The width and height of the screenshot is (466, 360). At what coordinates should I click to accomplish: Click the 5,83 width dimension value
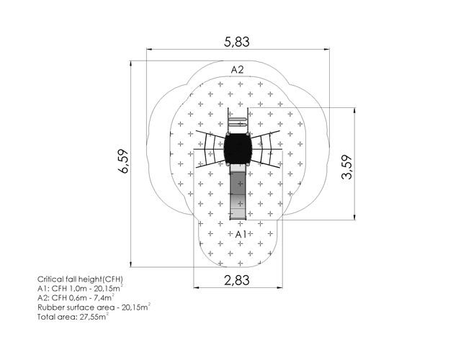(236, 42)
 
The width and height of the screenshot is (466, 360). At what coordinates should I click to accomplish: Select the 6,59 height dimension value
(123, 161)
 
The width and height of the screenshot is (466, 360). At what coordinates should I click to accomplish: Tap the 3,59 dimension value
(346, 167)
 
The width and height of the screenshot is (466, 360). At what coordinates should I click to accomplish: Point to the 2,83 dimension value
(236, 280)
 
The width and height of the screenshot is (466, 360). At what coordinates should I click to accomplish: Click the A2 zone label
(237, 70)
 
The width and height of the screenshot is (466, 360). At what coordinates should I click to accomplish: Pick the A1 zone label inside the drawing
(241, 234)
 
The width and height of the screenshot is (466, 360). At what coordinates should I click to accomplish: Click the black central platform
(238, 148)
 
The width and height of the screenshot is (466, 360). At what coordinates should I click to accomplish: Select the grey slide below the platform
(238, 192)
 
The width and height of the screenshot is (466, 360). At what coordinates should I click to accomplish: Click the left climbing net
(210, 149)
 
